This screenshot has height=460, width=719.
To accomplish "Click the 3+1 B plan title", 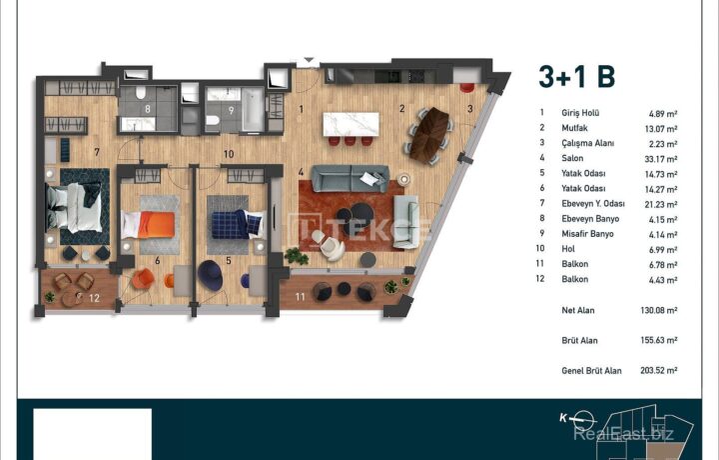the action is (577, 76).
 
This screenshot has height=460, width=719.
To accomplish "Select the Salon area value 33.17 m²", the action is (661, 159).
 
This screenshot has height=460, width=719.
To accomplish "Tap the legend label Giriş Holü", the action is (580, 113).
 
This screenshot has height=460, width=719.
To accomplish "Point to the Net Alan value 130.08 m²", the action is (658, 310).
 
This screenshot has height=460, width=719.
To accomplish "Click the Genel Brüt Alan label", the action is (591, 370).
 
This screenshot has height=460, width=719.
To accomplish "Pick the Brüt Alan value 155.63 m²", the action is (658, 340).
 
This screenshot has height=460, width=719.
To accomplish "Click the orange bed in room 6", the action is (149, 224).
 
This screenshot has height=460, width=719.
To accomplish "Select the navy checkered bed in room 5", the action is (239, 224).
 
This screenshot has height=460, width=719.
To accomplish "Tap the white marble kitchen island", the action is (352, 124).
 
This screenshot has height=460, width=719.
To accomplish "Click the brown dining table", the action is (428, 134).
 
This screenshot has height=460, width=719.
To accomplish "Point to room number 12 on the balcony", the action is (95, 298).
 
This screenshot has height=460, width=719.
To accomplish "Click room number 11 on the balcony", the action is (300, 297).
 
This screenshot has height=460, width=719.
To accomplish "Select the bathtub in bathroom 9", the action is (252, 109).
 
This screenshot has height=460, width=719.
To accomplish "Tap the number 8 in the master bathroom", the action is (148, 109).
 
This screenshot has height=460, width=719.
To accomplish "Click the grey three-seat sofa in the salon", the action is (351, 179).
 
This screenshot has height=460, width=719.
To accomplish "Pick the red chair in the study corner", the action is (466, 87).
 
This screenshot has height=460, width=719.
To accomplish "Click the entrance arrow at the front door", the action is (309, 60).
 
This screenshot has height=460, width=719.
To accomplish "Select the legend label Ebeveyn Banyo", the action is (590, 219).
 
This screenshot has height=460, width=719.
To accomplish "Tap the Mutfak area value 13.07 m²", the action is (661, 129).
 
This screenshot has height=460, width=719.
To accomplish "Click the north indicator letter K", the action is (563, 418).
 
